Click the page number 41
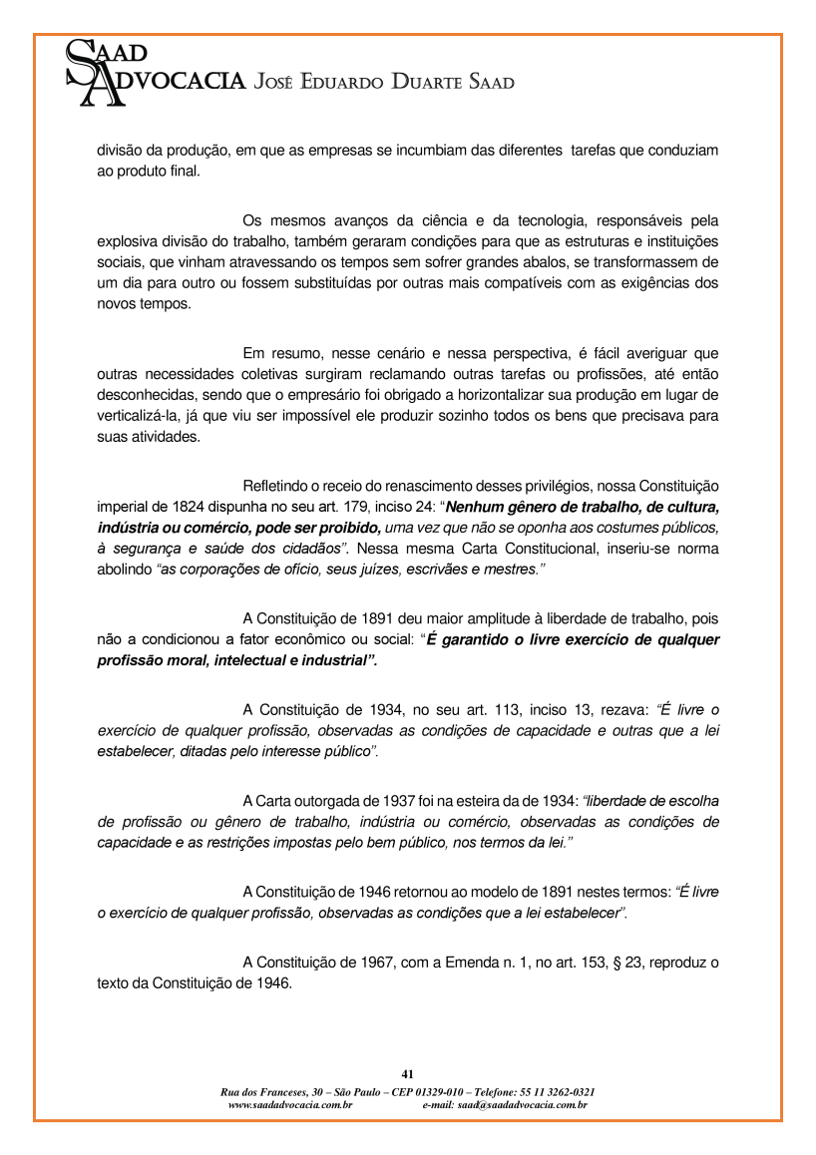click(407, 1074)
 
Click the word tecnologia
click(538, 218)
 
